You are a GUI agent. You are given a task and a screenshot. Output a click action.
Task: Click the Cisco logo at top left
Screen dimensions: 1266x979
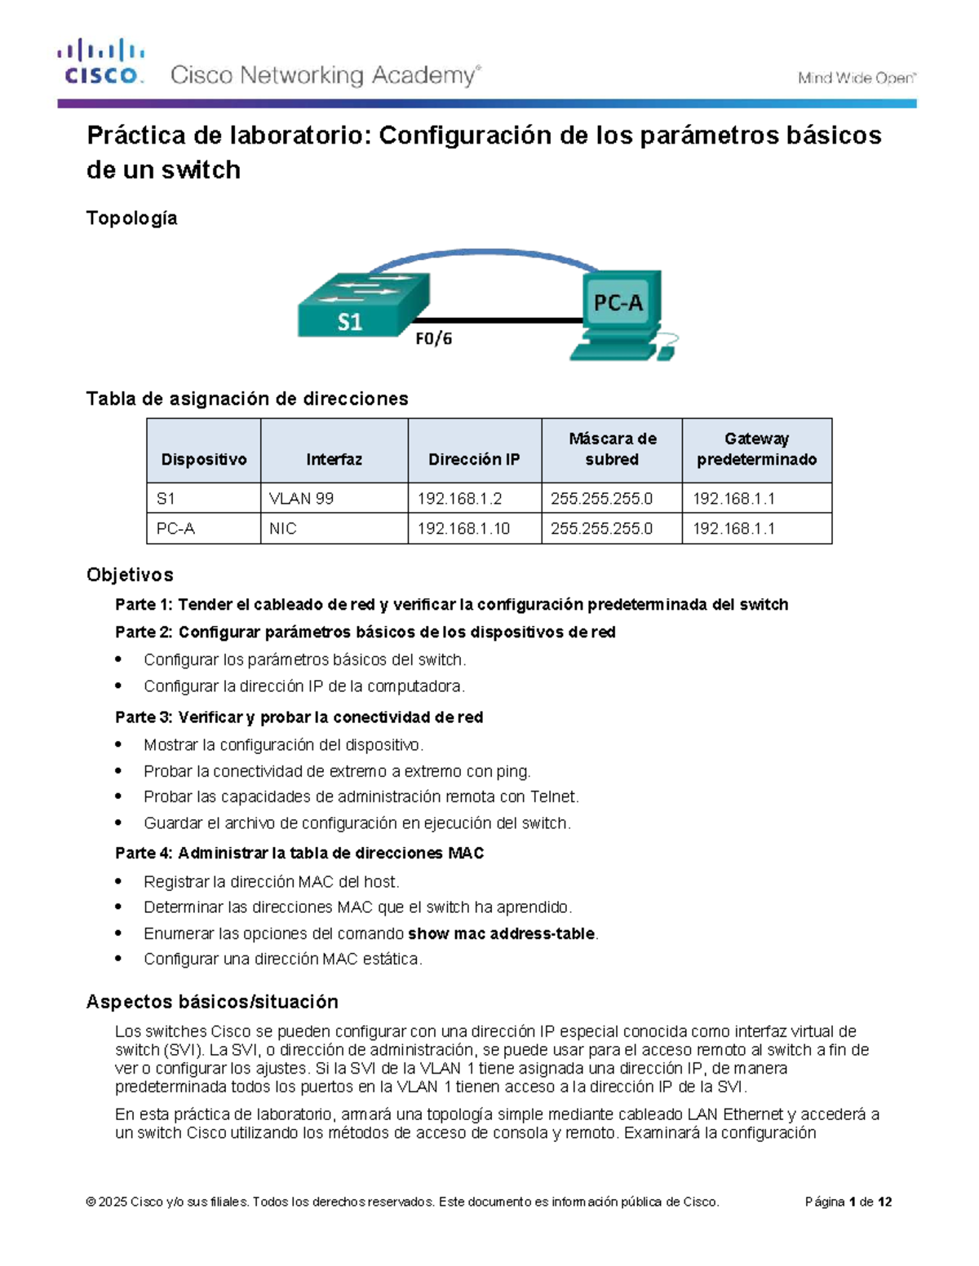(100, 62)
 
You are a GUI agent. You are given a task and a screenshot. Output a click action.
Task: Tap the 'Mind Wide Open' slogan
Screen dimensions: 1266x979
(857, 78)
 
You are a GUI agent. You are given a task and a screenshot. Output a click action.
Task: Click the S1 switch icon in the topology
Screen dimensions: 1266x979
(362, 306)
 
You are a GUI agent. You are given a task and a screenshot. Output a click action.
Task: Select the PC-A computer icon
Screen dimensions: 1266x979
(620, 314)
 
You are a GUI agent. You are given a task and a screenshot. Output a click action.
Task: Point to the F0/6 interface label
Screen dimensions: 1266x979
(433, 338)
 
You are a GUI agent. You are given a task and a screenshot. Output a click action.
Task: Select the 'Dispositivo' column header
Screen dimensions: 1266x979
(203, 460)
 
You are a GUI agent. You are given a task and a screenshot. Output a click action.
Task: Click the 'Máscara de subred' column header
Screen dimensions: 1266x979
(612, 449)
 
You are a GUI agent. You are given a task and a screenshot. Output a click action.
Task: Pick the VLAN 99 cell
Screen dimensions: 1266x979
(301, 498)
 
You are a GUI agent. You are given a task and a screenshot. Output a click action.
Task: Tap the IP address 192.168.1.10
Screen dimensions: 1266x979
(463, 528)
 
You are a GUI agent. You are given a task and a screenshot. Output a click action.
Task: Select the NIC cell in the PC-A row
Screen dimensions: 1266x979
(283, 528)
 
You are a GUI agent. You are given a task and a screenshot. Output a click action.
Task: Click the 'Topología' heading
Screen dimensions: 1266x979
(131, 218)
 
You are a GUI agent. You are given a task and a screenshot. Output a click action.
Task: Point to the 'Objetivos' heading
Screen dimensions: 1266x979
(130, 575)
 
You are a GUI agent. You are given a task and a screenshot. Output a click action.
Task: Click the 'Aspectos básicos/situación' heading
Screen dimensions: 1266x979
(212, 1001)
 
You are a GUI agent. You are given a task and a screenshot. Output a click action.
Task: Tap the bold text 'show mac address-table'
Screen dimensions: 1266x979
(501, 933)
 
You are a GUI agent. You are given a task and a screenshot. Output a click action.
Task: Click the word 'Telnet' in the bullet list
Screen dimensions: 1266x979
(553, 796)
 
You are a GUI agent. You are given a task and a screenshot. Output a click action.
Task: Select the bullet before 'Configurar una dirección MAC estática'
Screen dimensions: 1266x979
(119, 959)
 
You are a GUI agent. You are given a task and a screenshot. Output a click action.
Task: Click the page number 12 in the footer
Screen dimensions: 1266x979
(884, 1202)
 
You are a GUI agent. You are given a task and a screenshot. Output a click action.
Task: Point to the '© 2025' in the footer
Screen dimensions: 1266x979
(106, 1202)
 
